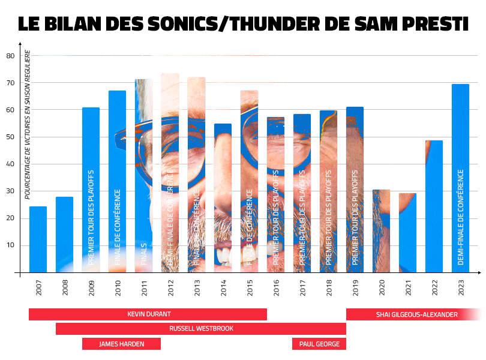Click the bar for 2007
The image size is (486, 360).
(x=38, y=239)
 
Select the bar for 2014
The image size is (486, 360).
(x=223, y=198)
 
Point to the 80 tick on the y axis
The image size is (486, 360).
(x=10, y=56)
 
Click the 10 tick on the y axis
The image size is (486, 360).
(x=10, y=245)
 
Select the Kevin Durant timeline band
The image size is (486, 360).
(x=148, y=314)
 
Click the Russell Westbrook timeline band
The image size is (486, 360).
(x=201, y=329)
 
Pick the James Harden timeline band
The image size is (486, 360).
(x=121, y=344)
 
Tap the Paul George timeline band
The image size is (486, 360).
(x=319, y=344)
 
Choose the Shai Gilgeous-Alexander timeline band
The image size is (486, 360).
(x=414, y=314)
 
